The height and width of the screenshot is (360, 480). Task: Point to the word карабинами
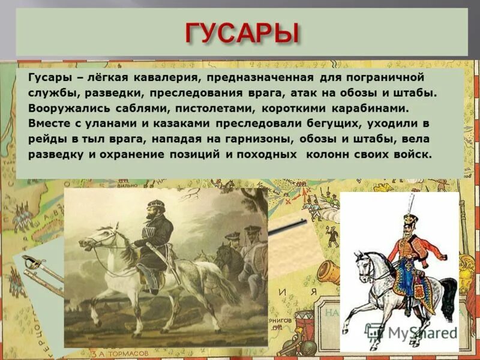point(372,109)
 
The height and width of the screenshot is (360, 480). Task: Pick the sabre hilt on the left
point(29,262)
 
